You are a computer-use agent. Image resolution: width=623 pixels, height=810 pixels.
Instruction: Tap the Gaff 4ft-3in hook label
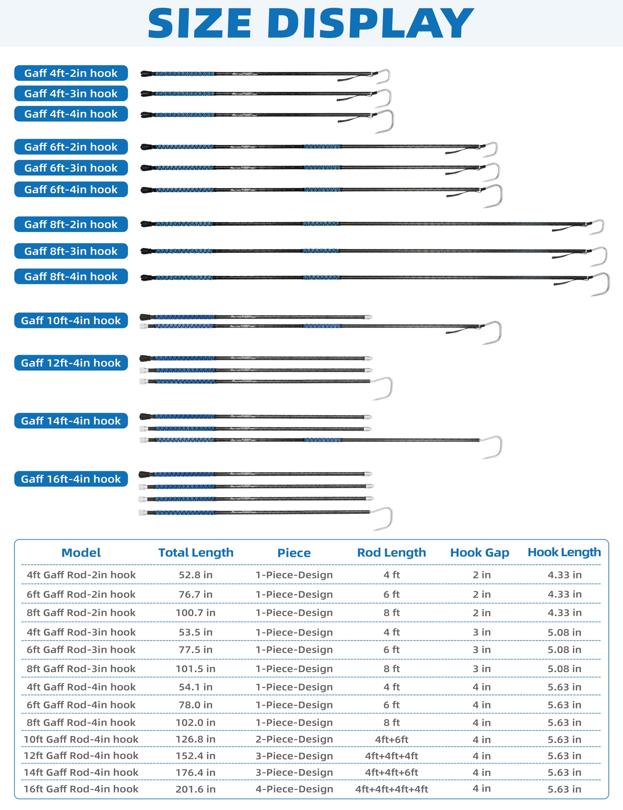coord(71,94)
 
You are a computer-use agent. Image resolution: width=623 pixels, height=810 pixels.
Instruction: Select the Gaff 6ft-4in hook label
coord(71,189)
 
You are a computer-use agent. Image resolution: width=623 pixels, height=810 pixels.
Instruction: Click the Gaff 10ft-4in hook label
coord(71,320)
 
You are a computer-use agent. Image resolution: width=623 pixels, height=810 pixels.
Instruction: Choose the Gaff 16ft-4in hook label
coord(71,479)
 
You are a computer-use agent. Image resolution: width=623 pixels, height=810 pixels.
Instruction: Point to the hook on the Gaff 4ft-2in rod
coord(384,76)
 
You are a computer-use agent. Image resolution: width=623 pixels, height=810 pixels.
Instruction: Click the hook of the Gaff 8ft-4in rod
coord(602,283)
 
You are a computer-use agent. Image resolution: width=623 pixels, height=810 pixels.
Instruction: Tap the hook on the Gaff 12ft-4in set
coord(385,388)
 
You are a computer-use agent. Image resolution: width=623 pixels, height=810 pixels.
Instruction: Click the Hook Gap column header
coord(479,553)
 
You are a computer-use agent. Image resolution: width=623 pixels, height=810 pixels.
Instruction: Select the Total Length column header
coord(196,553)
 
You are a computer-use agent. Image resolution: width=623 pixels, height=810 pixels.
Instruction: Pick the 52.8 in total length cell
coord(196,575)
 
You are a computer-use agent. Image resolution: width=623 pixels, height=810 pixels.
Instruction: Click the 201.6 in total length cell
coord(196,789)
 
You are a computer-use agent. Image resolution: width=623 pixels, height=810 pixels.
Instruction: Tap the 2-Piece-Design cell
coord(294,739)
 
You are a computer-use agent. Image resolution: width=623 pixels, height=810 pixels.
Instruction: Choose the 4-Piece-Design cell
coord(294,789)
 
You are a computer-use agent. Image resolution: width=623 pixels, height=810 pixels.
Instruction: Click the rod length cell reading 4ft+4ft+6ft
coord(391,772)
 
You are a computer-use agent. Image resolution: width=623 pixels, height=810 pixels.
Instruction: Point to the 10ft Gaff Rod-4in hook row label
coord(81,739)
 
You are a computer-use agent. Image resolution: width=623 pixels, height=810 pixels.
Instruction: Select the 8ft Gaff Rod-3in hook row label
coord(81,669)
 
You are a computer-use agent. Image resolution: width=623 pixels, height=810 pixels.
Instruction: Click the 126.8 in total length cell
coord(196,739)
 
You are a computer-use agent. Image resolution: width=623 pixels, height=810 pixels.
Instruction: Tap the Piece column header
coord(294,553)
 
